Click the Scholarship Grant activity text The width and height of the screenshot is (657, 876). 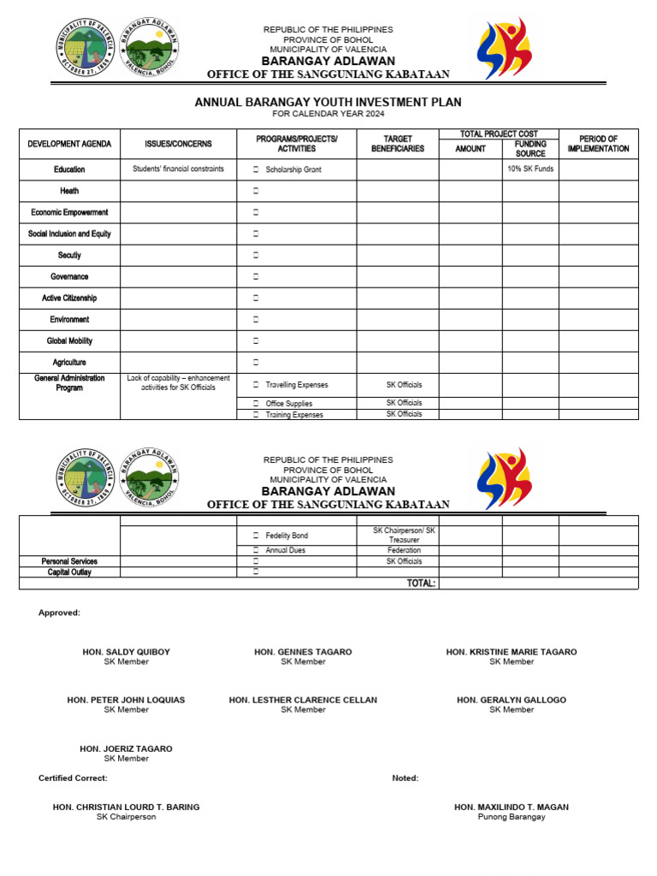point(293,170)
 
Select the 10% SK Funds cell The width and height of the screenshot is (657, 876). point(530,169)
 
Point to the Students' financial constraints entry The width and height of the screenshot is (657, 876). point(178,169)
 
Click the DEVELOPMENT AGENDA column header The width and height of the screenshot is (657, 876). point(69,145)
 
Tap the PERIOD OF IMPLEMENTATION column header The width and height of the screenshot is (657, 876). point(598,144)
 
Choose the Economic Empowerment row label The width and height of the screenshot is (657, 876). point(69,212)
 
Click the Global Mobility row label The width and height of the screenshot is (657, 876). point(69,340)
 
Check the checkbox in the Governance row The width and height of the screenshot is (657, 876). point(256,277)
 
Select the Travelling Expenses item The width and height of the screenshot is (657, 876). point(296,385)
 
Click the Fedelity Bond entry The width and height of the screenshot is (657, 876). point(287,536)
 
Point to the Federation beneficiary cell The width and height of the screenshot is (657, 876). point(404,551)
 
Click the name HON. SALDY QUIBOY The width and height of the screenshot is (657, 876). point(126,652)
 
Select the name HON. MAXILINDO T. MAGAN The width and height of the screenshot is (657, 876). point(511,807)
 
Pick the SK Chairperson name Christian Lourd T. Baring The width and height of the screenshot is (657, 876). point(126,807)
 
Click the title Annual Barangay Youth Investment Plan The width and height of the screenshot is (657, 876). point(328,102)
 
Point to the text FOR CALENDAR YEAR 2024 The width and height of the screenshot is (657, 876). point(328,114)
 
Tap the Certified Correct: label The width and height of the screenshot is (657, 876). point(73,778)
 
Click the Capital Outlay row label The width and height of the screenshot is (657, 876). point(69,572)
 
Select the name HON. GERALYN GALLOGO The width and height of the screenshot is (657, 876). point(511,700)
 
